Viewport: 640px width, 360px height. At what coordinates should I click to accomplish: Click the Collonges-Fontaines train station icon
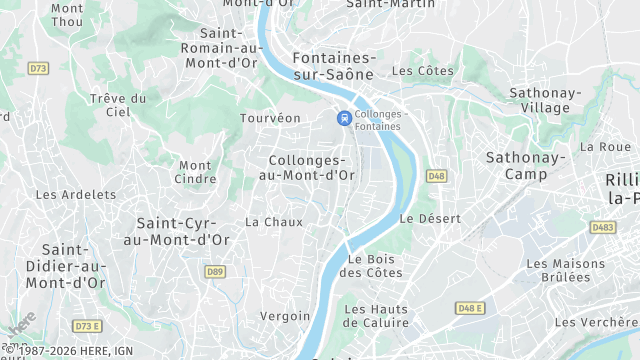pyautogui.click(x=344, y=118)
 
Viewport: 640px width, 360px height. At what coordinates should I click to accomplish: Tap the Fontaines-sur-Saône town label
pyautogui.click(x=333, y=66)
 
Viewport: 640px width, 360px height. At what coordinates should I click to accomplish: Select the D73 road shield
pyautogui.click(x=38, y=68)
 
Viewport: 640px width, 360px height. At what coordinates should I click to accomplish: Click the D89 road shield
pyautogui.click(x=215, y=271)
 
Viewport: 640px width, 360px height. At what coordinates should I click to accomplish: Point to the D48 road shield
pyautogui.click(x=436, y=176)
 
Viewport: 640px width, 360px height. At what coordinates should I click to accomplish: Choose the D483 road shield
pyautogui.click(x=602, y=227)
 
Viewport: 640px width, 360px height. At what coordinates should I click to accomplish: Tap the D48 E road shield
pyautogui.click(x=469, y=307)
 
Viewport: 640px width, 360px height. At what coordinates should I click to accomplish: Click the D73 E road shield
pyautogui.click(x=87, y=326)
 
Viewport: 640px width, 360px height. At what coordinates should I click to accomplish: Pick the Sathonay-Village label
pyautogui.click(x=545, y=100)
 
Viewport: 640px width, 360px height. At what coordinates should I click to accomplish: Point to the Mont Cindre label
pyautogui.click(x=195, y=172)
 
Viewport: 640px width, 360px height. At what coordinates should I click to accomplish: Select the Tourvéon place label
pyautogui.click(x=270, y=118)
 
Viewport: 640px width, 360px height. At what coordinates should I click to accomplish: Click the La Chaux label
pyautogui.click(x=274, y=222)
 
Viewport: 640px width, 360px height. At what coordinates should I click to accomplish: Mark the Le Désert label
pyautogui.click(x=430, y=218)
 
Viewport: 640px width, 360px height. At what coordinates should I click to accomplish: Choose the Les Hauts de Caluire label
pyautogui.click(x=375, y=315)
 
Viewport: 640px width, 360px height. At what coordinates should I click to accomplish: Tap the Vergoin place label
pyautogui.click(x=285, y=316)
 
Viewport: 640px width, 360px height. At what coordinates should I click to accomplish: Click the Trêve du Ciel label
pyautogui.click(x=118, y=105)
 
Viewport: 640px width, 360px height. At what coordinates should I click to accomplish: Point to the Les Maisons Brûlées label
pyautogui.click(x=566, y=270)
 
